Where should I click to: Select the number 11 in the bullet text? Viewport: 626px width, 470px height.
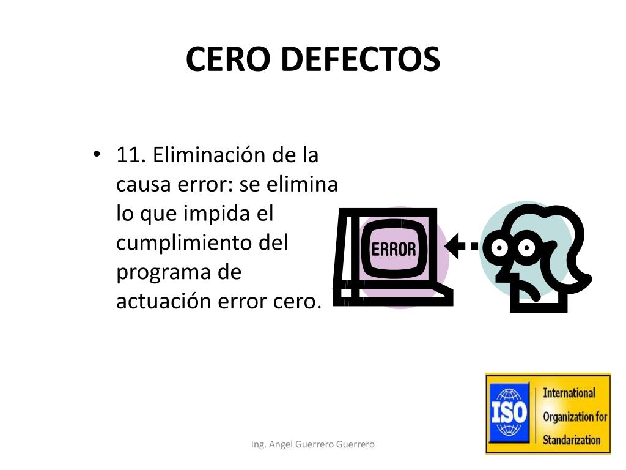[x=129, y=155]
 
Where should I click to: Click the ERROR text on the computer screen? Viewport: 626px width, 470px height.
[x=394, y=249]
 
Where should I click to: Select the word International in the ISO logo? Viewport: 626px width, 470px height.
[x=569, y=393]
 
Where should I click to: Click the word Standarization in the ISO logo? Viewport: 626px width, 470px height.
[x=572, y=440]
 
